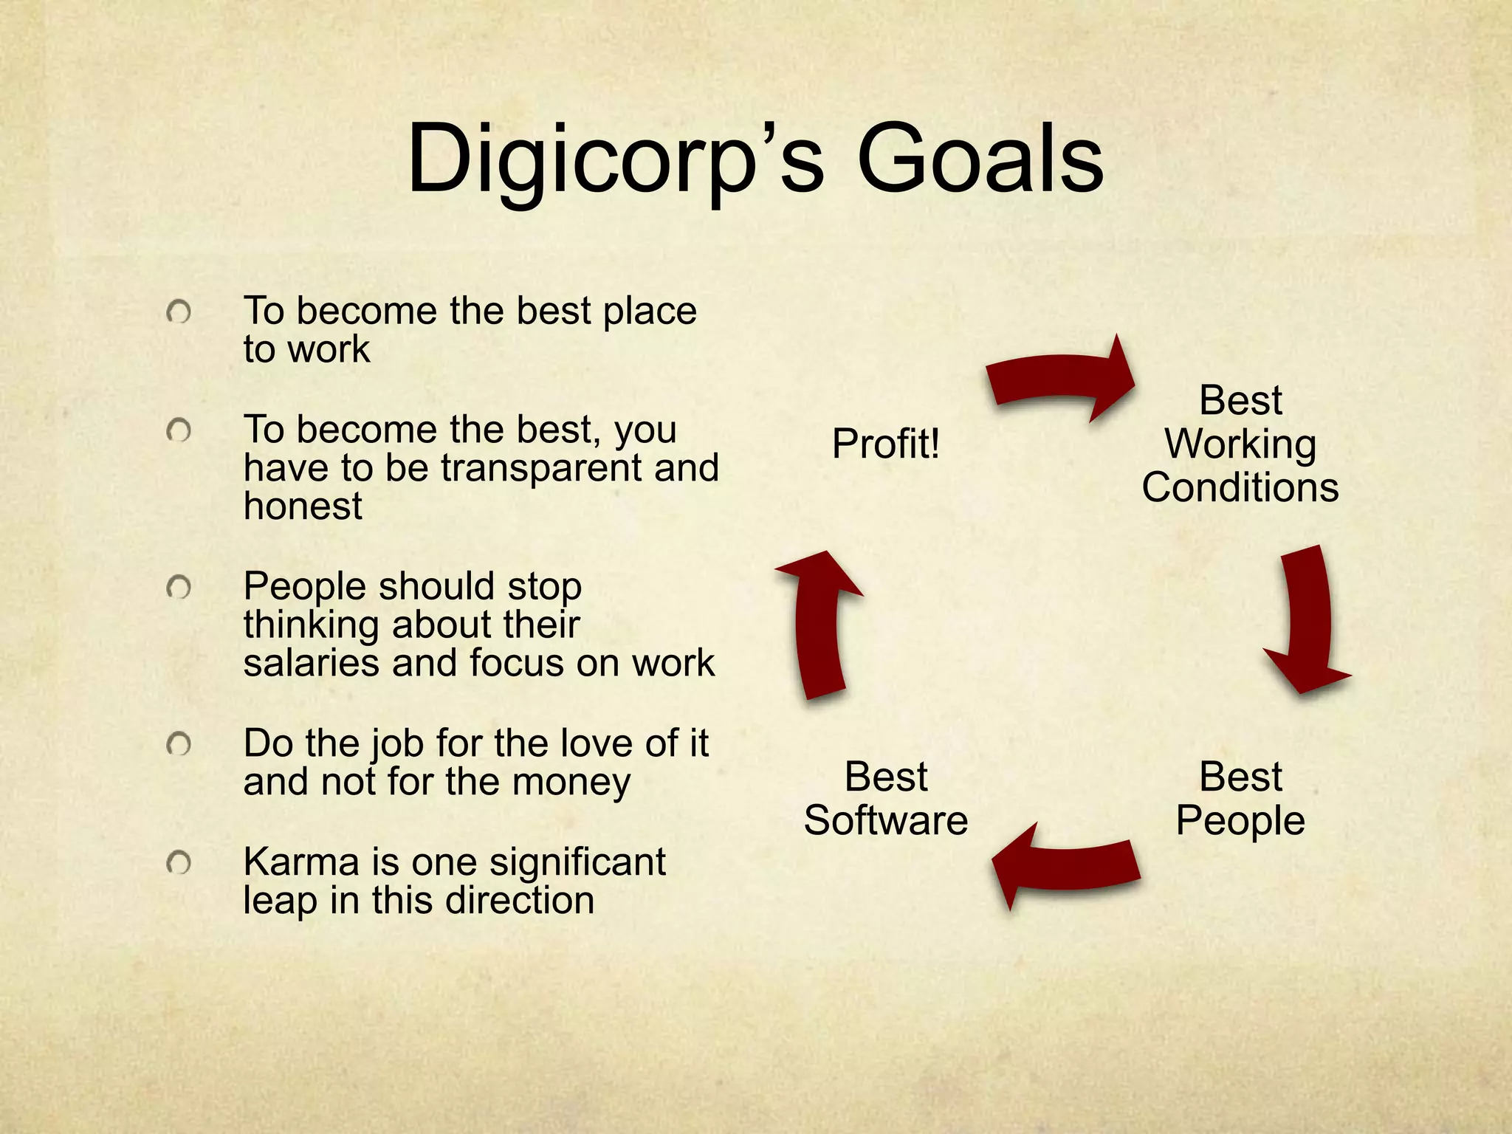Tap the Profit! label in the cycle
coord(885,444)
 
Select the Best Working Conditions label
coord(1240,444)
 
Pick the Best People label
coord(1240,799)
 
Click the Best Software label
coord(885,799)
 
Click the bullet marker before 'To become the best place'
coord(179,312)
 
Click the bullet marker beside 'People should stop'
coord(179,588)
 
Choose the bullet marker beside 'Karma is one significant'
coord(179,862)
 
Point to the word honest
coord(303,507)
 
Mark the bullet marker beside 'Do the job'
coord(179,744)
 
